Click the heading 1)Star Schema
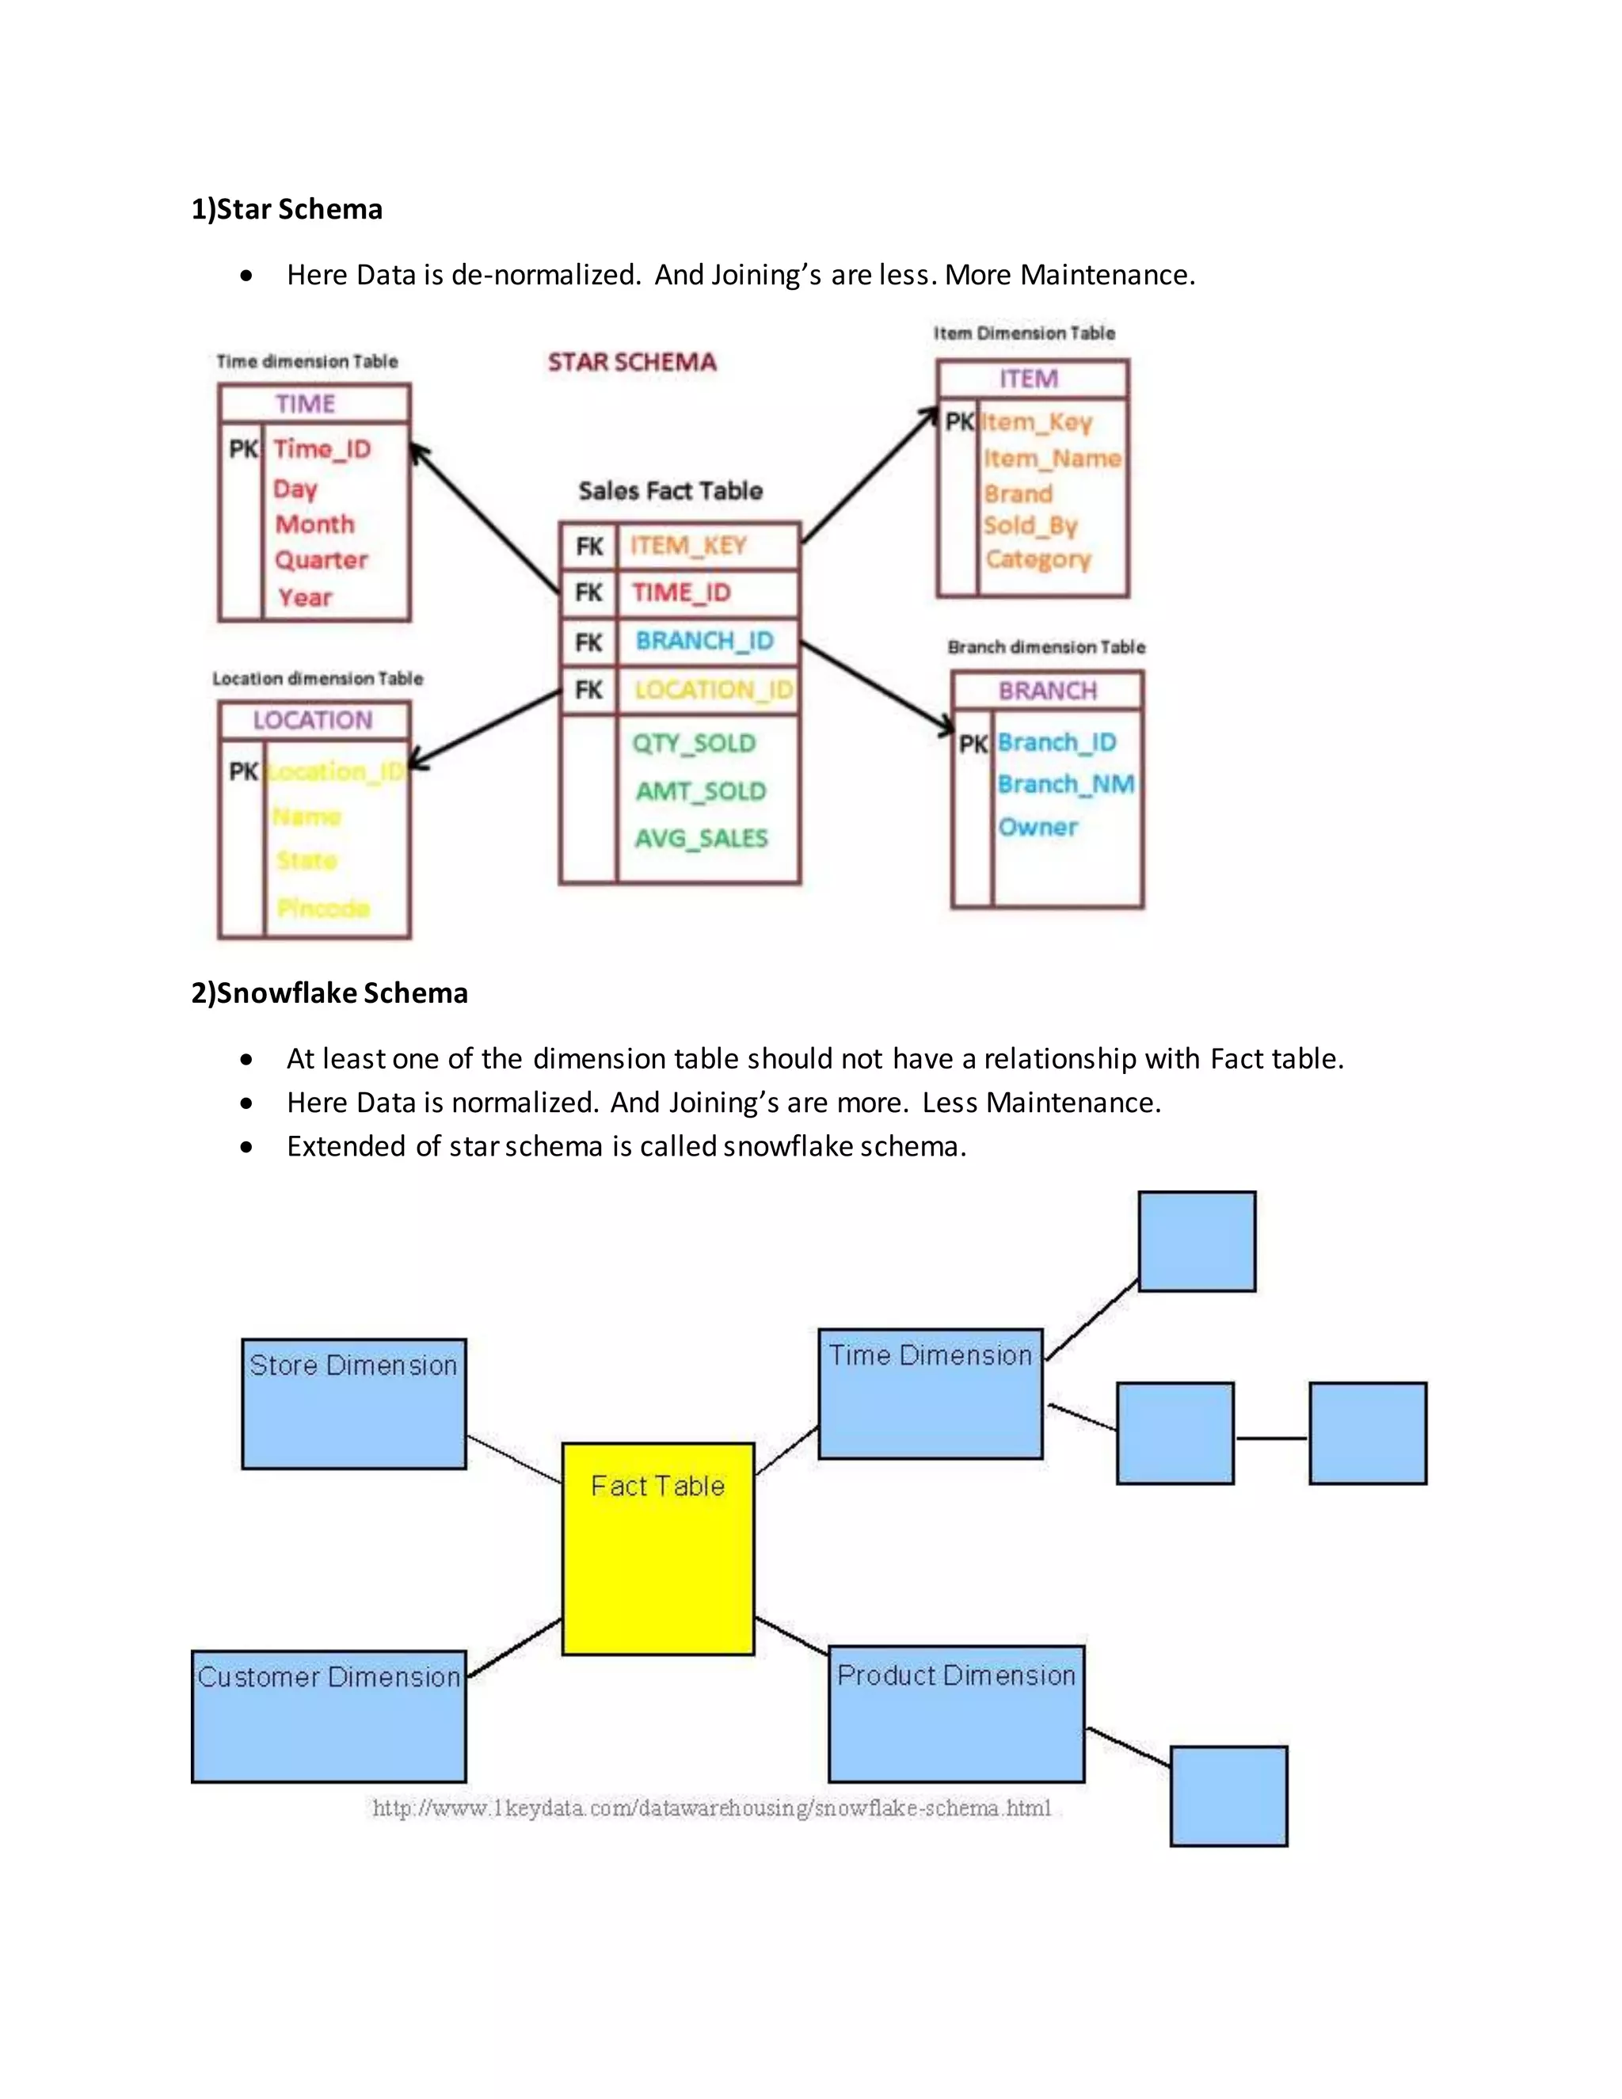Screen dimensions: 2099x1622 pyautogui.click(x=287, y=210)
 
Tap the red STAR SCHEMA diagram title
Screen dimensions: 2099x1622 pyautogui.click(x=632, y=362)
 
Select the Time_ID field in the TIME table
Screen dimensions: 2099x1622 pyautogui.click(x=322, y=449)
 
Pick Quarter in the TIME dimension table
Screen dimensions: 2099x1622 pyautogui.click(x=321, y=560)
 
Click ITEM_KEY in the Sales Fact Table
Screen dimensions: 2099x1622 pyautogui.click(x=688, y=546)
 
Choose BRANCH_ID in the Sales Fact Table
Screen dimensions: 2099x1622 pyautogui.click(x=704, y=641)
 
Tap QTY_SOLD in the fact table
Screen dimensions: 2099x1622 pyautogui.click(x=694, y=743)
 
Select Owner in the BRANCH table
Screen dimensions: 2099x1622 pyautogui.click(x=1038, y=828)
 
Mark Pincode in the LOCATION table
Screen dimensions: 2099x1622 pyautogui.click(x=323, y=909)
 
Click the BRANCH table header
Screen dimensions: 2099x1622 pyautogui.click(x=1047, y=691)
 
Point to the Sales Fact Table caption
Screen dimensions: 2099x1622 pyautogui.click(x=671, y=491)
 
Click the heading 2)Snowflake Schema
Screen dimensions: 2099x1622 pyautogui.click(x=329, y=992)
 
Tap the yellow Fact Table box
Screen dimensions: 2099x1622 pyautogui.click(x=658, y=1549)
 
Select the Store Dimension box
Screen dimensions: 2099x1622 pyautogui.click(x=353, y=1404)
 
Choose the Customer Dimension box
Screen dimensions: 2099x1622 pyautogui.click(x=329, y=1716)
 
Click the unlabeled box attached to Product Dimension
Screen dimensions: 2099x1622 pyautogui.click(x=1228, y=1796)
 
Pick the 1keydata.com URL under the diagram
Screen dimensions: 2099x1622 pyautogui.click(x=712, y=1809)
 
